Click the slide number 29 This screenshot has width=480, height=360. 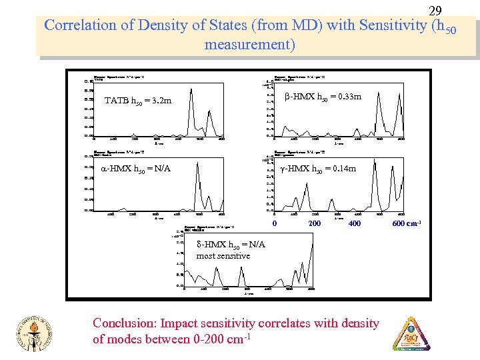pos(435,11)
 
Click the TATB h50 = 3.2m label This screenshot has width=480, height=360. pos(138,101)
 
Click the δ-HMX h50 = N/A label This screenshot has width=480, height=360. pos(231,245)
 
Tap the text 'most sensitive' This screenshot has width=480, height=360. pos(223,256)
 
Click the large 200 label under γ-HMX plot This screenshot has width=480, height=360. pos(315,223)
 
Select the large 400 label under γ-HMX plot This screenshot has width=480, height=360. pos(354,223)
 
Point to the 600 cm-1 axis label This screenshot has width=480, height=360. pos(407,223)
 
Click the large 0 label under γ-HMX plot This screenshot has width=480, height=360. pos(275,223)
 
